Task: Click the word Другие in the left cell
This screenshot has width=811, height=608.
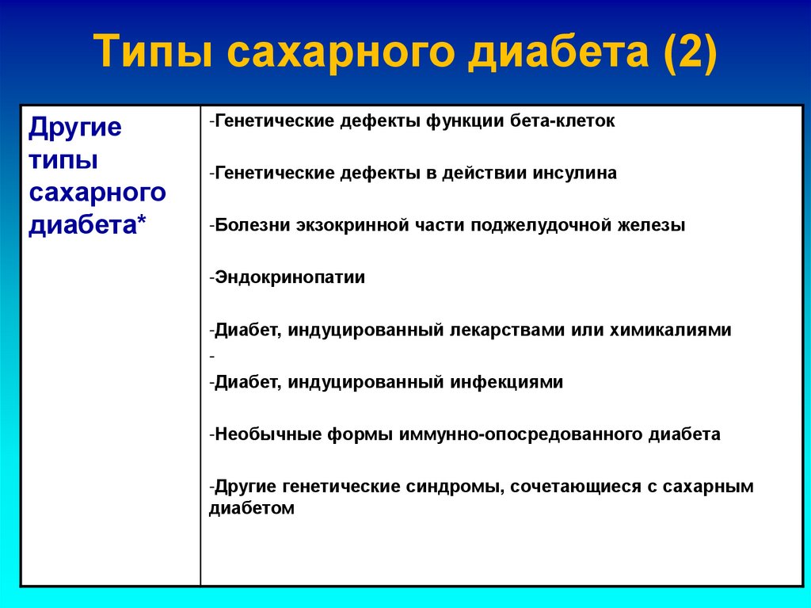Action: pyautogui.click(x=75, y=128)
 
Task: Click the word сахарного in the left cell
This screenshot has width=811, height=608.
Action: pyautogui.click(x=97, y=193)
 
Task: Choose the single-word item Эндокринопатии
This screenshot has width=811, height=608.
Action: pyautogui.click(x=290, y=278)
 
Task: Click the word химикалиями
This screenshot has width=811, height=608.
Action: pyautogui.click(x=670, y=331)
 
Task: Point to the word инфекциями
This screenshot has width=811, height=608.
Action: pyautogui.click(x=507, y=382)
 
